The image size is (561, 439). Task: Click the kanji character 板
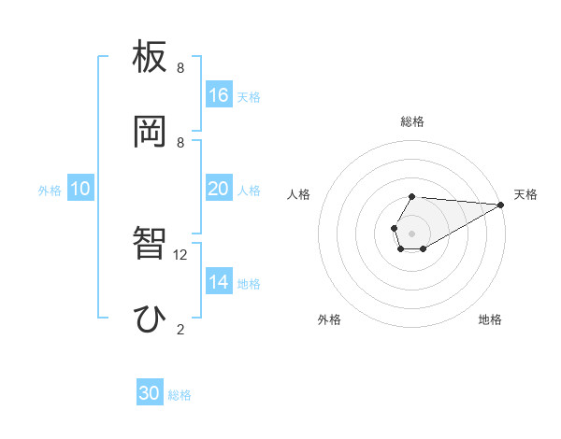pos(151,58)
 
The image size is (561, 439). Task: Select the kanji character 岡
pos(151,132)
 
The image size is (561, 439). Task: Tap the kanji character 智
pos(151,244)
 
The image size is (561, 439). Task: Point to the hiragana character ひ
pos(150,319)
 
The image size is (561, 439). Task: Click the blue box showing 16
pos(219,95)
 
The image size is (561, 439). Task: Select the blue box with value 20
pos(219,189)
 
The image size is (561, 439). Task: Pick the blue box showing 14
pos(219,281)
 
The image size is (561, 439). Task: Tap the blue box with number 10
pos(80,189)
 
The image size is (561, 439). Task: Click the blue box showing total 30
pos(150,393)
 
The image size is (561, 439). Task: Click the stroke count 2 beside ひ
pos(180,329)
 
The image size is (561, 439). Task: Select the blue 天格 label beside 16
pos(249,96)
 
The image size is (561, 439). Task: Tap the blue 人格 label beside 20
pos(249,190)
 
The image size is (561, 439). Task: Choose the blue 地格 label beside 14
pos(249,282)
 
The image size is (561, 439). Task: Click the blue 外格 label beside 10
pos(50,190)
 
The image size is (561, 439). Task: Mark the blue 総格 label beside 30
pos(180,394)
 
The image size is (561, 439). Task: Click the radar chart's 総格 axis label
pos(412,121)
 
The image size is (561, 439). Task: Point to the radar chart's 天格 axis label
pos(525,194)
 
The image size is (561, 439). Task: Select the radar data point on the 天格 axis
pos(500,205)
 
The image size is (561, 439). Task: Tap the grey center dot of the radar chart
pos(411,233)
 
